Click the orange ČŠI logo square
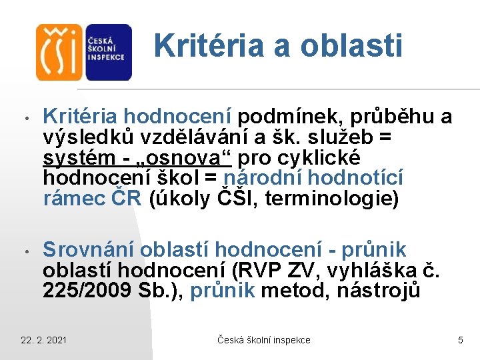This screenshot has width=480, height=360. [59, 52]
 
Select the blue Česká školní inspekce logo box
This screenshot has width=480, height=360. [107, 52]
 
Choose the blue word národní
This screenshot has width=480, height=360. [265, 179]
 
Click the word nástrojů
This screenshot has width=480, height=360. [379, 291]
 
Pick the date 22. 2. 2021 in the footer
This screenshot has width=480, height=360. [43, 340]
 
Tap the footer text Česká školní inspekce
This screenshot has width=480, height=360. [264, 340]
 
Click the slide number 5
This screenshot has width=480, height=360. [460, 340]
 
